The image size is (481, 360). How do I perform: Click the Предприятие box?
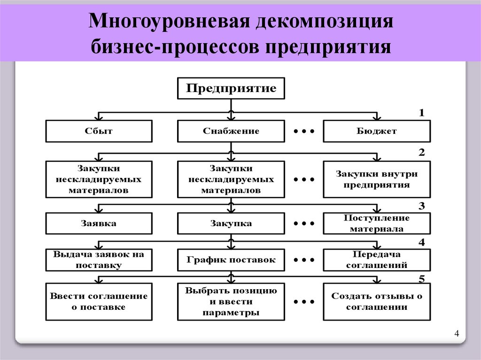pyautogui.click(x=231, y=88)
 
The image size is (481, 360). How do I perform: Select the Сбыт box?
pyautogui.click(x=99, y=131)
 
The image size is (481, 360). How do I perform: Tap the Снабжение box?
pyautogui.click(x=231, y=131)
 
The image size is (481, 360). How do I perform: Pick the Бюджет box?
pyautogui.click(x=376, y=131)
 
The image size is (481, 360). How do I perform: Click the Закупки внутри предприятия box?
pyautogui.click(x=376, y=179)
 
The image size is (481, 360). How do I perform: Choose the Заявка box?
pyautogui.click(x=99, y=223)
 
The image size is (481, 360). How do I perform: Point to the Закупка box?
pyautogui.click(x=231, y=223)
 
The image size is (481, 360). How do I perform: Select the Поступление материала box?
pyautogui.click(x=376, y=223)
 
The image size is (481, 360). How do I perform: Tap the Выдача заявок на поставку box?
pyautogui.click(x=99, y=260)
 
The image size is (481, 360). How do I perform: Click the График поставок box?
pyautogui.click(x=231, y=260)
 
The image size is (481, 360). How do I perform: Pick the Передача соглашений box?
pyautogui.click(x=376, y=260)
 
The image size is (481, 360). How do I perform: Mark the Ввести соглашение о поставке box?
pyautogui.click(x=99, y=301)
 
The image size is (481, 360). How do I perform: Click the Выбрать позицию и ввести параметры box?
pyautogui.click(x=231, y=301)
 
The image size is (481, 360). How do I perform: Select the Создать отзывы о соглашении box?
pyautogui.click(x=376, y=301)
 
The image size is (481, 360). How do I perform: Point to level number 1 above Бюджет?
pyautogui.click(x=421, y=113)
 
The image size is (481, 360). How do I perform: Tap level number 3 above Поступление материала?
pyautogui.click(x=421, y=206)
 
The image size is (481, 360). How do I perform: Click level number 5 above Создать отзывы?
pyautogui.click(x=421, y=279)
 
